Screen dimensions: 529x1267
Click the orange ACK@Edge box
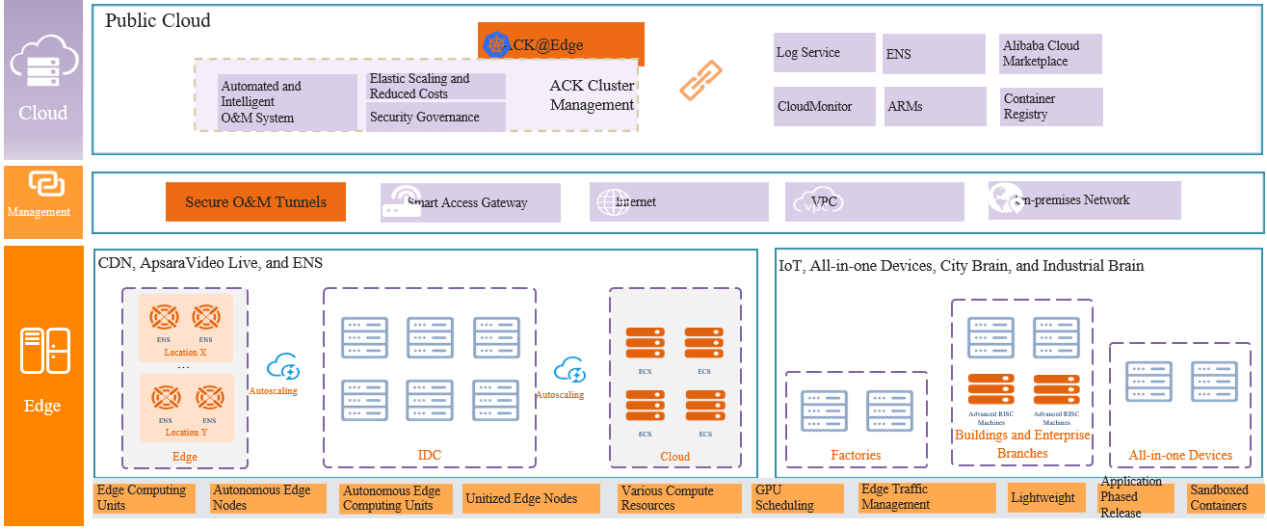(561, 43)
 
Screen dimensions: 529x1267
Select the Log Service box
(824, 53)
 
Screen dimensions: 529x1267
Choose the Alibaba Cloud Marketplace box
(1050, 54)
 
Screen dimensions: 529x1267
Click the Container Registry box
(1050, 106)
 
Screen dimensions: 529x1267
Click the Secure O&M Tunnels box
(255, 202)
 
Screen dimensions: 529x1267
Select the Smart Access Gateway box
(470, 203)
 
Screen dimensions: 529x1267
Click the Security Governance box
(436, 117)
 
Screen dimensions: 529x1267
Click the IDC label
(429, 455)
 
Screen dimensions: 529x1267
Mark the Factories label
(856, 455)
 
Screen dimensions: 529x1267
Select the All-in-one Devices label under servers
(1180, 455)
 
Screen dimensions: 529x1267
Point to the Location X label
(186, 353)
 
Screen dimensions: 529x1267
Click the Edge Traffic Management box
(926, 497)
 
